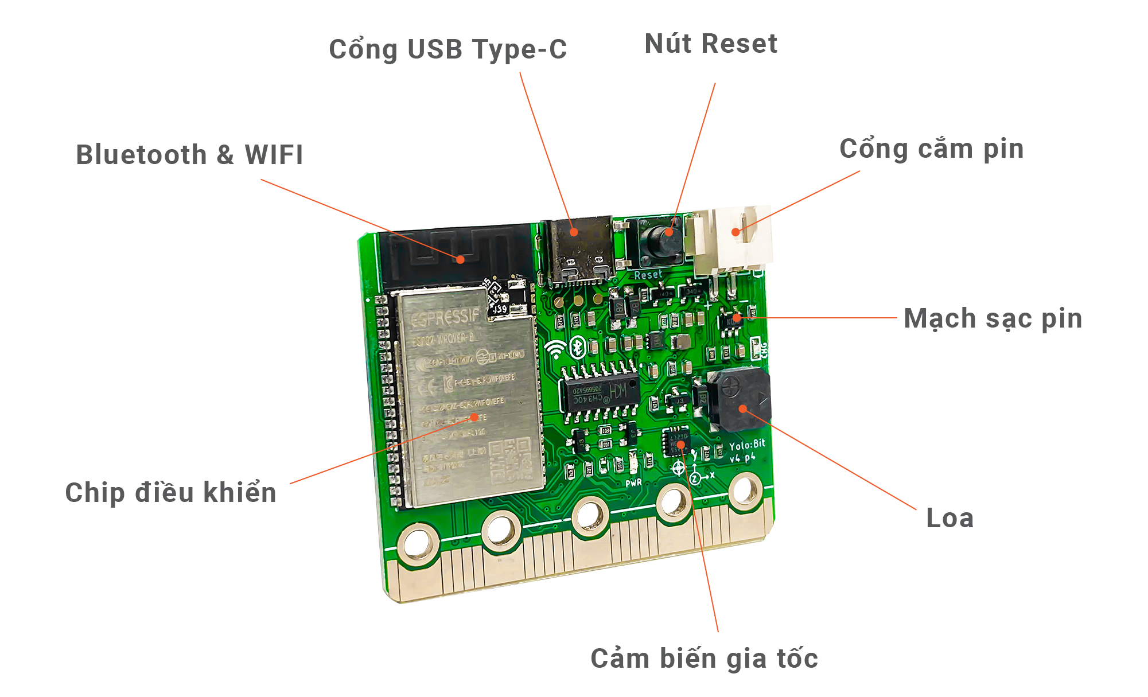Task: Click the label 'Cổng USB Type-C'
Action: (x=447, y=50)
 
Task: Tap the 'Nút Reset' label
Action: (x=711, y=44)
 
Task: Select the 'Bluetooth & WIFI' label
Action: (x=189, y=155)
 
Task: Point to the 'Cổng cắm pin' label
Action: (x=931, y=149)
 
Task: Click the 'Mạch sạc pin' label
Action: (x=993, y=319)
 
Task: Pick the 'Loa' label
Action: (x=949, y=519)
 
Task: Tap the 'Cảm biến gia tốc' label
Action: (x=704, y=659)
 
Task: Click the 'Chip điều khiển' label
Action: (x=170, y=493)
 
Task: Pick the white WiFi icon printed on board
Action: (x=555, y=349)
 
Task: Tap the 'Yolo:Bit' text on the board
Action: (x=747, y=445)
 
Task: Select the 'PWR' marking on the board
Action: (x=633, y=483)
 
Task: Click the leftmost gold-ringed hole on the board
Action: (x=418, y=542)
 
